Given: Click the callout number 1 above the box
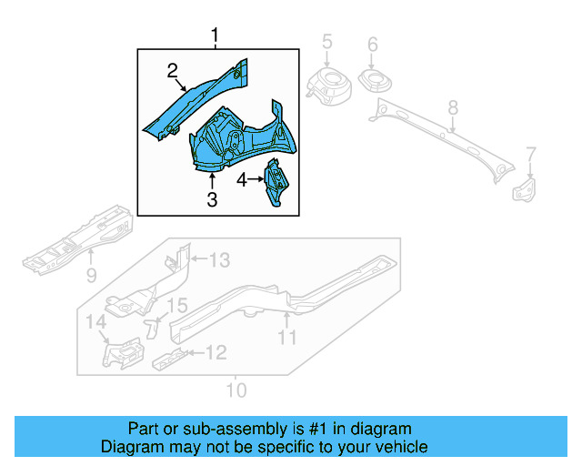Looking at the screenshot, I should point(216,36).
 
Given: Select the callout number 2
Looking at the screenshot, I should point(171,70).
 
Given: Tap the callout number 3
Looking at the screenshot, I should point(212,199).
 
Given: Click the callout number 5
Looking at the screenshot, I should point(327,42).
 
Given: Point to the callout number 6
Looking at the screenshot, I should point(372,45).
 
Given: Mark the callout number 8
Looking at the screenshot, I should point(453,111).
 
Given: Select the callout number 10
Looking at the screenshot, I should point(235,390).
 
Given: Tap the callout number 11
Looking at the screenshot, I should point(287,339).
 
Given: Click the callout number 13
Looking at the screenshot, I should point(219,261).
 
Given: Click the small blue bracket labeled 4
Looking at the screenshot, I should point(275,182).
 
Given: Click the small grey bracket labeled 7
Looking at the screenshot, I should point(525,189).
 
